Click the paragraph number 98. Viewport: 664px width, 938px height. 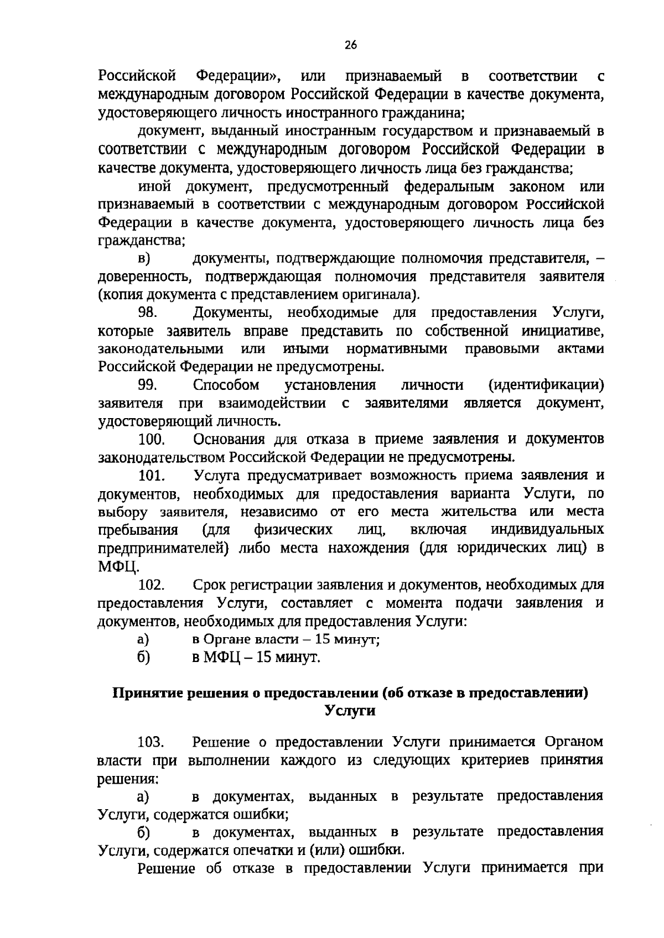(x=148, y=312)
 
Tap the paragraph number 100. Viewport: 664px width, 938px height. (x=152, y=439)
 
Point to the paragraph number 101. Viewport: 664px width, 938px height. (x=152, y=476)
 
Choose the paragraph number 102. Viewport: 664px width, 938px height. (x=152, y=585)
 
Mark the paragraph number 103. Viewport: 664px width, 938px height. (x=152, y=742)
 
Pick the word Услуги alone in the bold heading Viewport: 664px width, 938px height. (x=350, y=711)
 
